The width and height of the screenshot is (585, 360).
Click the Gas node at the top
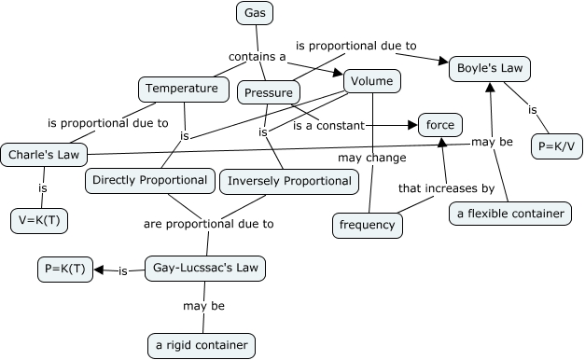tap(253, 13)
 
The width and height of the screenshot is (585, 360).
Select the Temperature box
tap(183, 90)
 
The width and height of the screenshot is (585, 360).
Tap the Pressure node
tap(269, 91)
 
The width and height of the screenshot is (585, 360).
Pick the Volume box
tap(372, 81)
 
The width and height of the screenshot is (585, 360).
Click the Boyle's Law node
tap(490, 68)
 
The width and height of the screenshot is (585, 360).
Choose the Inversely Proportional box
tap(288, 181)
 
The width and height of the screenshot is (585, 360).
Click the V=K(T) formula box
tap(41, 221)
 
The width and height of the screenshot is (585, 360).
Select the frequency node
tap(367, 225)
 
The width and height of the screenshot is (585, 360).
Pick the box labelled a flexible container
tap(509, 214)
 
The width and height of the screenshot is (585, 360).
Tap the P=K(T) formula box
tap(64, 270)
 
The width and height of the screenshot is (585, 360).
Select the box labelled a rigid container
tap(202, 345)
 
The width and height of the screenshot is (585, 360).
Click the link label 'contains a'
tap(257, 57)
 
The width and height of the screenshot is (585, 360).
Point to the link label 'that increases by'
tap(446, 188)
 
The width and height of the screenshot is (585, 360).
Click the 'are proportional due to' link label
tap(208, 224)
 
